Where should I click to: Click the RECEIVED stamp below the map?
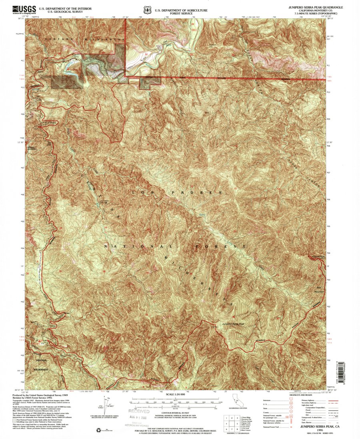click(138, 411)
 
